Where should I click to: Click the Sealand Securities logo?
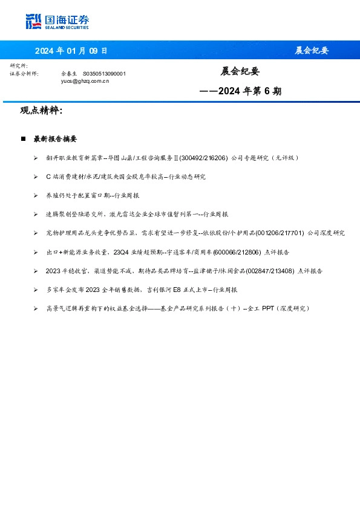(57, 22)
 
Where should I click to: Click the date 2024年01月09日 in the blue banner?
(71, 51)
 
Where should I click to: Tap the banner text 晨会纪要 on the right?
(312, 51)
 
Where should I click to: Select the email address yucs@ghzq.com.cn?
(85, 80)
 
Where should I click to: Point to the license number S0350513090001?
(104, 73)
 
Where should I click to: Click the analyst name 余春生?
(70, 73)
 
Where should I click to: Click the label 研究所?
(19, 66)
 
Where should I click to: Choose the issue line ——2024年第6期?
(240, 92)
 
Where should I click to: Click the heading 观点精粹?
(42, 111)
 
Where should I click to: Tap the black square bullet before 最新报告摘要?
(23, 139)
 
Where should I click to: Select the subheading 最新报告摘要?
(55, 139)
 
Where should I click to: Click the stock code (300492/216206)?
(203, 158)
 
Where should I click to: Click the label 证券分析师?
(25, 73)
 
